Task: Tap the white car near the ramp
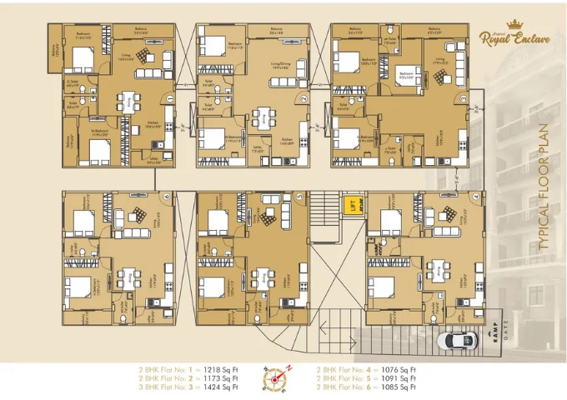459,340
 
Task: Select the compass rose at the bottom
277,378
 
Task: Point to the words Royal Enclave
511,37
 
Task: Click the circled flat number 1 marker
169,97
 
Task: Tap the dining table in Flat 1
128,101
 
